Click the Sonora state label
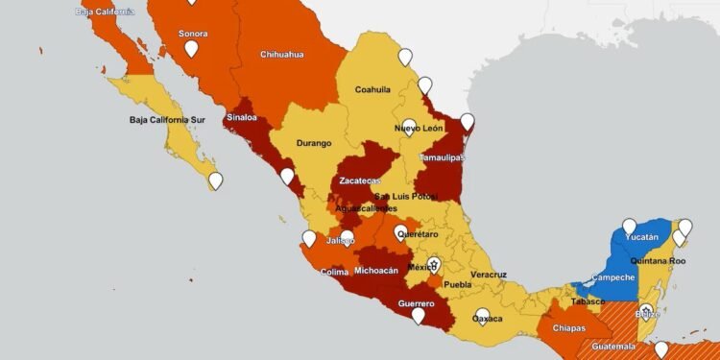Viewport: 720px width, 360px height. [x=193, y=34]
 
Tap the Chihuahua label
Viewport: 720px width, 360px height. [x=282, y=55]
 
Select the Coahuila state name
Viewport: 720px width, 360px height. [x=372, y=89]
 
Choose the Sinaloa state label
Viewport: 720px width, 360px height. [x=242, y=118]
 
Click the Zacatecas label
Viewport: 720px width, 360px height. [x=360, y=180]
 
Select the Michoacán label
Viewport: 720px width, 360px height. [x=376, y=271]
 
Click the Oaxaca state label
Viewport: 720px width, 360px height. [x=488, y=318]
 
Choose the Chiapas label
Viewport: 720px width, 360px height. [x=570, y=328]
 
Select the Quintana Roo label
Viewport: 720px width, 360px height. [x=658, y=260]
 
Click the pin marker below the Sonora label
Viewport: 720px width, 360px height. [x=192, y=48]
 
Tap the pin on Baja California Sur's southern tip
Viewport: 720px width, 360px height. [x=216, y=180]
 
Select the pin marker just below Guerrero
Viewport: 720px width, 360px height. [x=418, y=315]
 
